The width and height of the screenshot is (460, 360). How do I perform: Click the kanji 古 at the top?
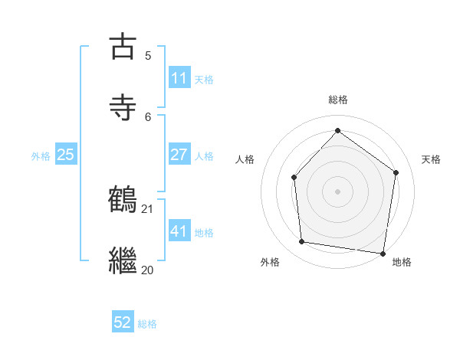124,47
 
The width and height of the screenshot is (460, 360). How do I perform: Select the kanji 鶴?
124,200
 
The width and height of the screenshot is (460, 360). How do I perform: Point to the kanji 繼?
124,260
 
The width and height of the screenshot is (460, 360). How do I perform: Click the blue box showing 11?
179,78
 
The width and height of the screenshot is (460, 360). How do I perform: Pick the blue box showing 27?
179,155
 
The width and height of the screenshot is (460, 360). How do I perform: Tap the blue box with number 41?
179,231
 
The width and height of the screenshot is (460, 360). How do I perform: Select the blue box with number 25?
66,155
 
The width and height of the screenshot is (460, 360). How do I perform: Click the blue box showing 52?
123,323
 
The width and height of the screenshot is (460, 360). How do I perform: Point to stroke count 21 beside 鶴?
148,208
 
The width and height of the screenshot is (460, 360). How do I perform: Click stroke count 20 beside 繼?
148,270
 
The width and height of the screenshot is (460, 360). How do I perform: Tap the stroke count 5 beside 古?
148,55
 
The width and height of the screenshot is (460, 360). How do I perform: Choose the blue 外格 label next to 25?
41,156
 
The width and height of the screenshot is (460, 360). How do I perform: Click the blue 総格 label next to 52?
147,325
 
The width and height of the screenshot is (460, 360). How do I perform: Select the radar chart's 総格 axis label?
337,100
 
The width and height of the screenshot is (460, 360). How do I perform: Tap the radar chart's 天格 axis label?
431,159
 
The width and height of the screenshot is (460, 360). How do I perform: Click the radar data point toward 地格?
383,253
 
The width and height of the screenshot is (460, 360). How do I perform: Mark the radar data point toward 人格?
294,177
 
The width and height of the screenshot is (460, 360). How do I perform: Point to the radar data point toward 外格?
302,242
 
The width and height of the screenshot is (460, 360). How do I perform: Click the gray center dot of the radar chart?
337,191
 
